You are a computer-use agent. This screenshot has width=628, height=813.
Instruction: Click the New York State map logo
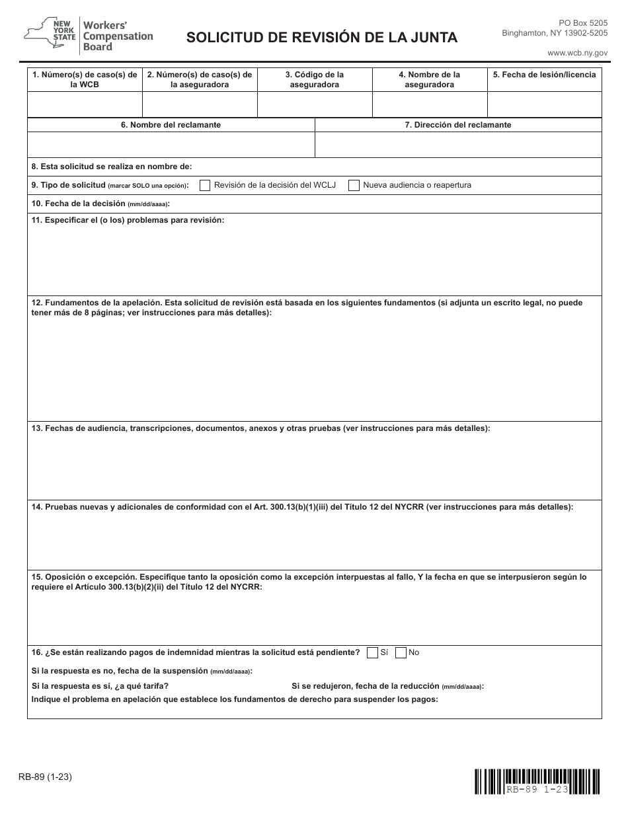click(x=50, y=35)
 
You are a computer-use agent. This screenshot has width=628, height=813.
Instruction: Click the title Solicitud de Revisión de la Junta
click(x=322, y=38)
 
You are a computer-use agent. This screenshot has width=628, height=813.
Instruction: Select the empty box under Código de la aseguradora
click(x=315, y=104)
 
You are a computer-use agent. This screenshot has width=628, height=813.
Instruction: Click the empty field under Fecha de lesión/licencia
click(x=544, y=104)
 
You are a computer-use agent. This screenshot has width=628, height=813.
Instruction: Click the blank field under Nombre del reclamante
click(x=171, y=145)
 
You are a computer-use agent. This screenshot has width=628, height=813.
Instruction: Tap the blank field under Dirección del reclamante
click(x=458, y=145)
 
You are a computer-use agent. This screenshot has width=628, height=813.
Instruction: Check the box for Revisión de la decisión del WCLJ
click(x=206, y=186)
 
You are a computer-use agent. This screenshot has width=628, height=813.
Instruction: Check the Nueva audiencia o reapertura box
click(x=354, y=186)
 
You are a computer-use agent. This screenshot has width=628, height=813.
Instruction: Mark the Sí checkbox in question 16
click(x=372, y=653)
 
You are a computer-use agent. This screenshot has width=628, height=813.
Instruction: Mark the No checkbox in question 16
click(x=401, y=653)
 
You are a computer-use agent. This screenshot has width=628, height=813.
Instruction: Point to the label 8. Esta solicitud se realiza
click(x=112, y=167)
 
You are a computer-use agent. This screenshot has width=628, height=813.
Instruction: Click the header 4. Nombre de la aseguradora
click(x=430, y=79)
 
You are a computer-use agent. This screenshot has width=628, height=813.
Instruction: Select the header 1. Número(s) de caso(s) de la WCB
click(x=85, y=79)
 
